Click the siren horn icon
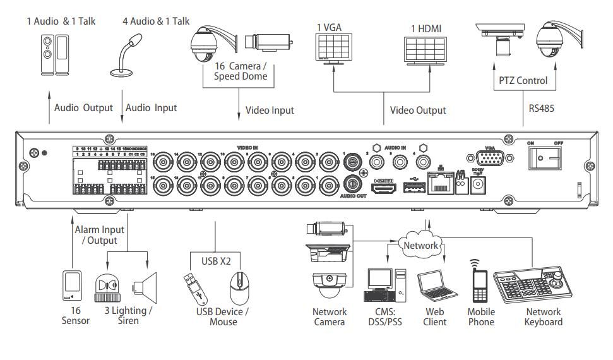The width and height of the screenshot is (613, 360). [x=144, y=287]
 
